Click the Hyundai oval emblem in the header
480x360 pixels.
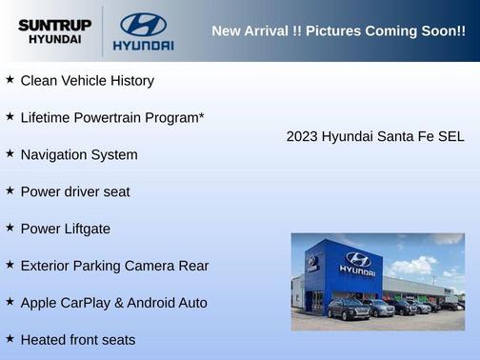[x=143, y=24]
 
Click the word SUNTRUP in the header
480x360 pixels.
[x=53, y=25]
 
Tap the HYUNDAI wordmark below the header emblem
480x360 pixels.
[x=143, y=45]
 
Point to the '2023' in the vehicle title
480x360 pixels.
[x=302, y=136]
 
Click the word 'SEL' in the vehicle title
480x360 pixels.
[x=450, y=136]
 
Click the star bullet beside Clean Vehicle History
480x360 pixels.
[x=10, y=80]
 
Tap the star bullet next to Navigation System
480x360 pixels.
[x=10, y=153]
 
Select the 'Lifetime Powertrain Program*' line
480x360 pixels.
[x=112, y=117]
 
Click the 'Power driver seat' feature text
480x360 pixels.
[x=75, y=191]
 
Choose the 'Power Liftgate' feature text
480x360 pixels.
[x=65, y=229]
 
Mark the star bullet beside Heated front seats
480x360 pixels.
[x=10, y=339]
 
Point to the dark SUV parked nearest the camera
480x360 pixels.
[x=348, y=309]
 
